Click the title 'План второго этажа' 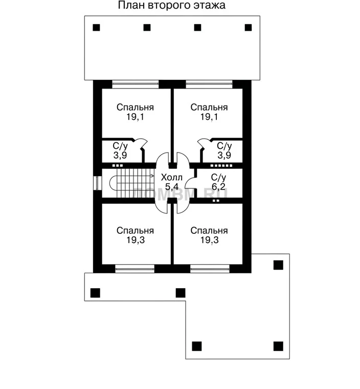pyautogui.click(x=172, y=6)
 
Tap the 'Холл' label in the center pyautogui.click(x=172, y=178)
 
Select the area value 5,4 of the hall pyautogui.click(x=172, y=187)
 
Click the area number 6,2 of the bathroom pyautogui.click(x=218, y=186)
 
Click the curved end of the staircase pyautogui.click(x=110, y=183)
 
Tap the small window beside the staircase pyautogui.click(x=98, y=183)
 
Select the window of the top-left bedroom pyautogui.click(x=136, y=84)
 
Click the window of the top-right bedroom pyautogui.click(x=209, y=84)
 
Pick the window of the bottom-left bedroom pyautogui.click(x=135, y=269)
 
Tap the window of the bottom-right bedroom pyautogui.click(x=210, y=269)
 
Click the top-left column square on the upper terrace pyautogui.click(x=97, y=28)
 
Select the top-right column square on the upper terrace pyautogui.click(x=248, y=28)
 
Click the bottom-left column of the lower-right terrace pyautogui.click(x=197, y=346)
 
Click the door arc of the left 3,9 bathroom pyautogui.click(x=141, y=143)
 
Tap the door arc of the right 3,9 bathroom pyautogui.click(x=204, y=143)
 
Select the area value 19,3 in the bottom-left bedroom pyautogui.click(x=136, y=240)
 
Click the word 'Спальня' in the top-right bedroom pyautogui.click(x=209, y=107)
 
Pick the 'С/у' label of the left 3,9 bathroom pyautogui.click(x=120, y=146)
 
